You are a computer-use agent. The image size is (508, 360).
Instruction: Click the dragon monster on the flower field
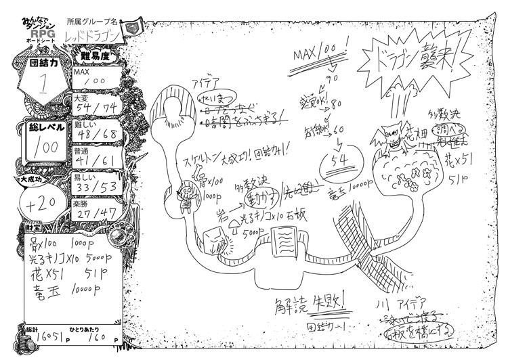click(x=391, y=139)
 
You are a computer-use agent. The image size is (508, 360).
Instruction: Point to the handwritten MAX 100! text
click(x=320, y=55)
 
